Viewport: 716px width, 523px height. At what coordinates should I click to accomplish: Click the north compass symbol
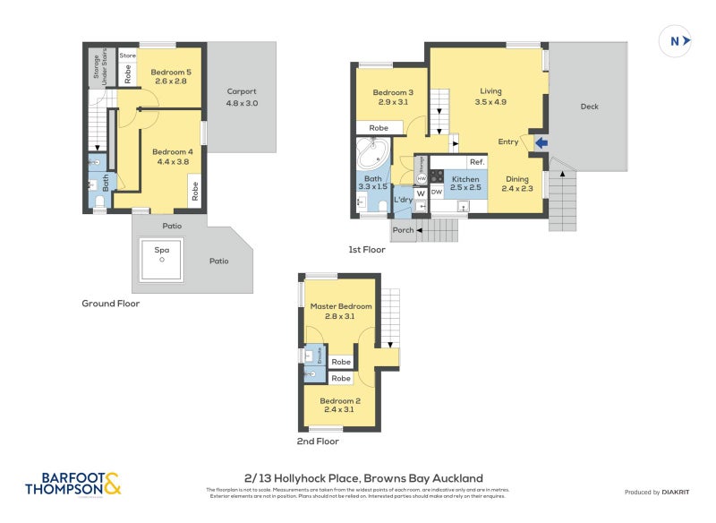(x=676, y=40)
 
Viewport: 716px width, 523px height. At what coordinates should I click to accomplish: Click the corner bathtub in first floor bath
(x=371, y=155)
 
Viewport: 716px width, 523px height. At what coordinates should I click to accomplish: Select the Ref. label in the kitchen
(x=476, y=162)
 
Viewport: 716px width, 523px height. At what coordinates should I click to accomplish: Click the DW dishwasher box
(x=437, y=193)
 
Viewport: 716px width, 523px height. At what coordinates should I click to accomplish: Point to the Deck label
(x=589, y=107)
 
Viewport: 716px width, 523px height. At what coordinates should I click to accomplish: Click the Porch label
(x=404, y=230)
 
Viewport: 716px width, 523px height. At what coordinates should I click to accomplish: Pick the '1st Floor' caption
(x=367, y=250)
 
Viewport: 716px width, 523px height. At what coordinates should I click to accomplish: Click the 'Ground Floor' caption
(x=110, y=304)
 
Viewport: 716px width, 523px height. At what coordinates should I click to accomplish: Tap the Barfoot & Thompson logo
(x=72, y=484)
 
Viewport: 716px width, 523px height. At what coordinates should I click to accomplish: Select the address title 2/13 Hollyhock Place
(x=363, y=478)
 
